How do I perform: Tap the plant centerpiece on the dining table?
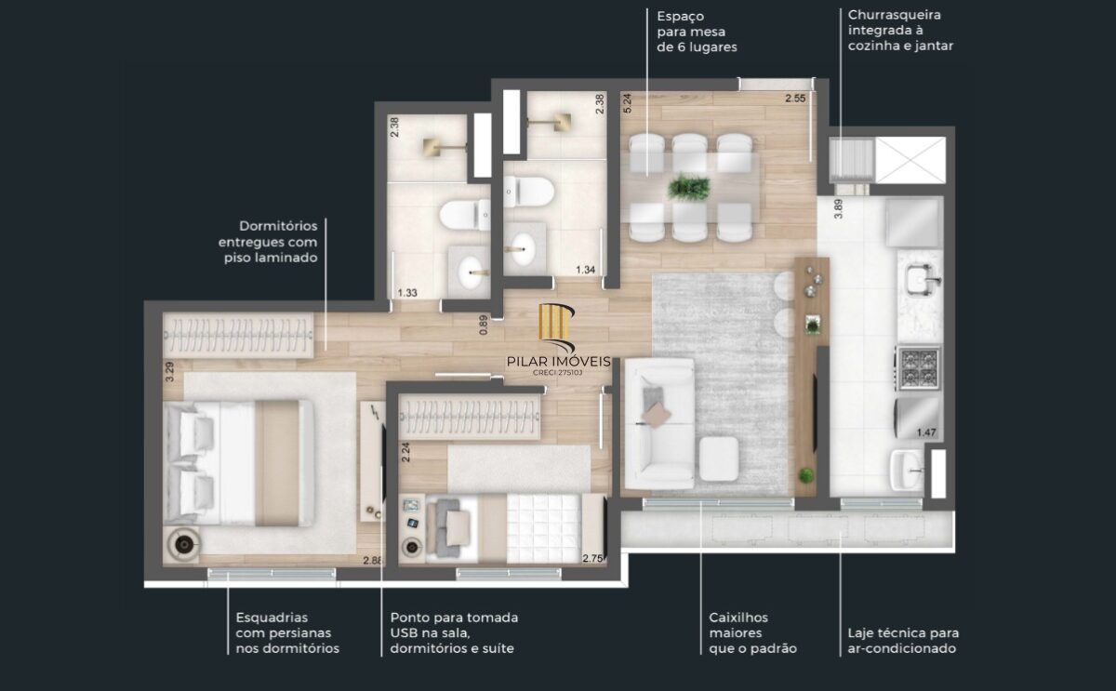(x=689, y=187)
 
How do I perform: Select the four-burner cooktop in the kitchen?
(x=919, y=367)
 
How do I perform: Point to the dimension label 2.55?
(x=794, y=99)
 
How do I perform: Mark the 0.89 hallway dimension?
(x=484, y=325)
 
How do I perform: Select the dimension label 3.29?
(x=169, y=373)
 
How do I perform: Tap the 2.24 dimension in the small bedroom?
(x=405, y=452)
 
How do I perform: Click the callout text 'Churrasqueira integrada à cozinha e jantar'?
(x=900, y=30)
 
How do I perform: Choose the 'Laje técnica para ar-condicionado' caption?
(x=902, y=641)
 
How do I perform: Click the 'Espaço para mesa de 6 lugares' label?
(x=697, y=31)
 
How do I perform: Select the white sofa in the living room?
(x=658, y=425)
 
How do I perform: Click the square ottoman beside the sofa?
(x=718, y=458)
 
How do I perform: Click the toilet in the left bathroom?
(x=463, y=216)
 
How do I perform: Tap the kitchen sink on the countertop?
(x=920, y=277)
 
